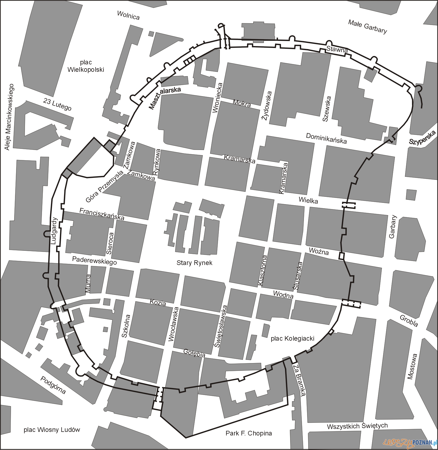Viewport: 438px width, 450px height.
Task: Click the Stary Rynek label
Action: point(194,263)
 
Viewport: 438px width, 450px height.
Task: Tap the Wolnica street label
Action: point(128,15)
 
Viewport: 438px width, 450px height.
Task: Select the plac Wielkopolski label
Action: point(86,66)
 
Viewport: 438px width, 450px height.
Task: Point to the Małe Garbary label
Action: point(368,26)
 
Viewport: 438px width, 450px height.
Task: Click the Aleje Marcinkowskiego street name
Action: point(9,117)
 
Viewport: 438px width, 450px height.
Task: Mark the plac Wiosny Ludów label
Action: point(52,429)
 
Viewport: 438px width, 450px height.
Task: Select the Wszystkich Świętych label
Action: point(357,426)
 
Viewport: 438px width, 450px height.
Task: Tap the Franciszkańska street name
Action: point(102,214)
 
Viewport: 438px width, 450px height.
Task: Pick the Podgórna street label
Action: point(53,385)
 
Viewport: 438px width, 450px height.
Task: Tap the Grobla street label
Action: point(409,321)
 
